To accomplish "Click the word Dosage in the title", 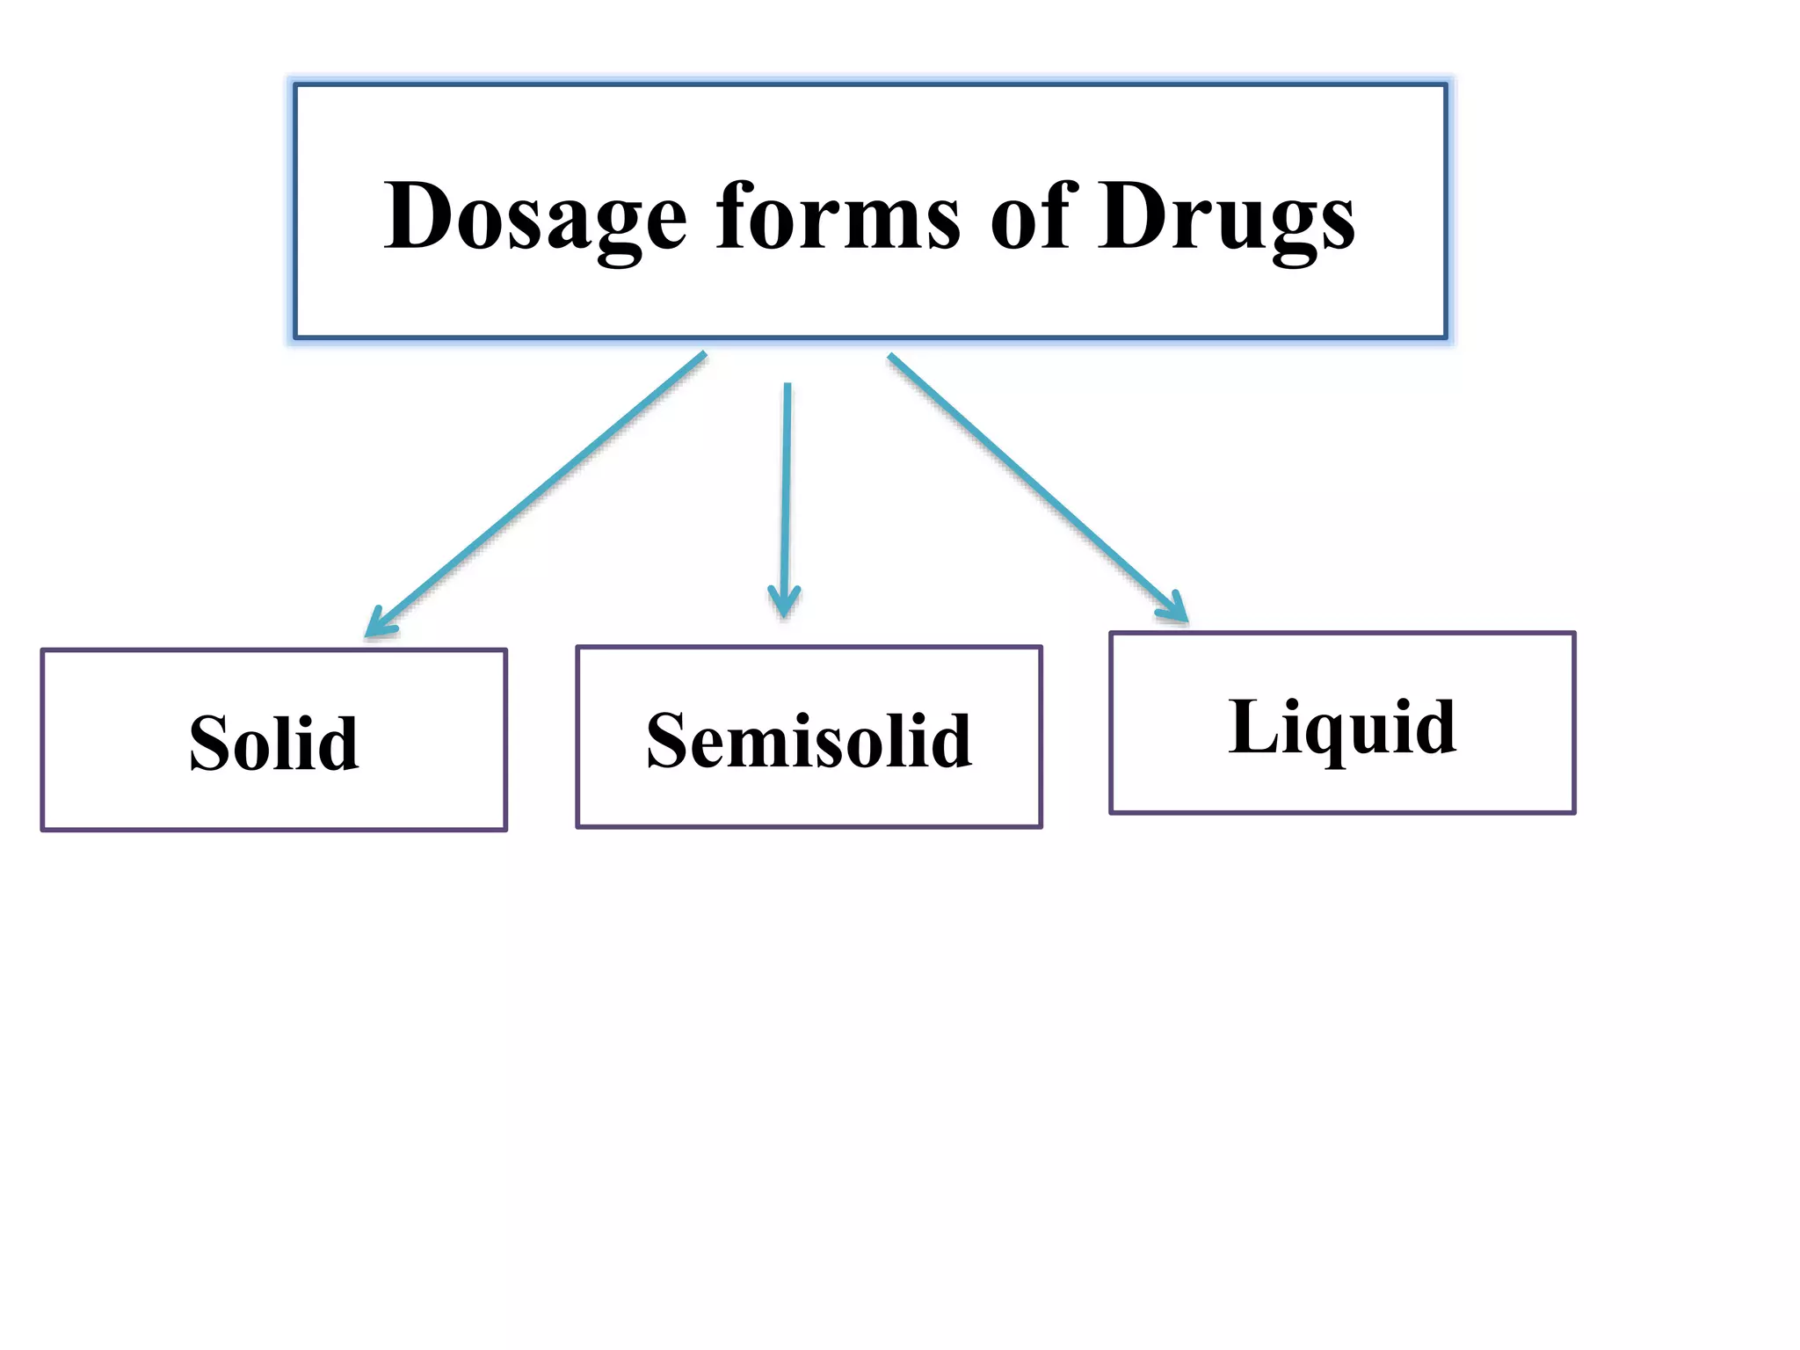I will [x=534, y=218].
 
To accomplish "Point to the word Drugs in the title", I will [x=1226, y=218].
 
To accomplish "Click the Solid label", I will [x=273, y=744].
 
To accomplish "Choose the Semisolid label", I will [x=809, y=741].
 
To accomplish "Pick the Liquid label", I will [x=1342, y=727].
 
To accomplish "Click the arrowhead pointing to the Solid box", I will [x=376, y=625].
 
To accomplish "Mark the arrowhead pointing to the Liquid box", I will [x=1175, y=608].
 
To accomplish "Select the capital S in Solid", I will [x=213, y=744].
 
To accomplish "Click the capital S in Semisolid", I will [x=671, y=741].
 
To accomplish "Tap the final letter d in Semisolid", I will [x=950, y=741].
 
